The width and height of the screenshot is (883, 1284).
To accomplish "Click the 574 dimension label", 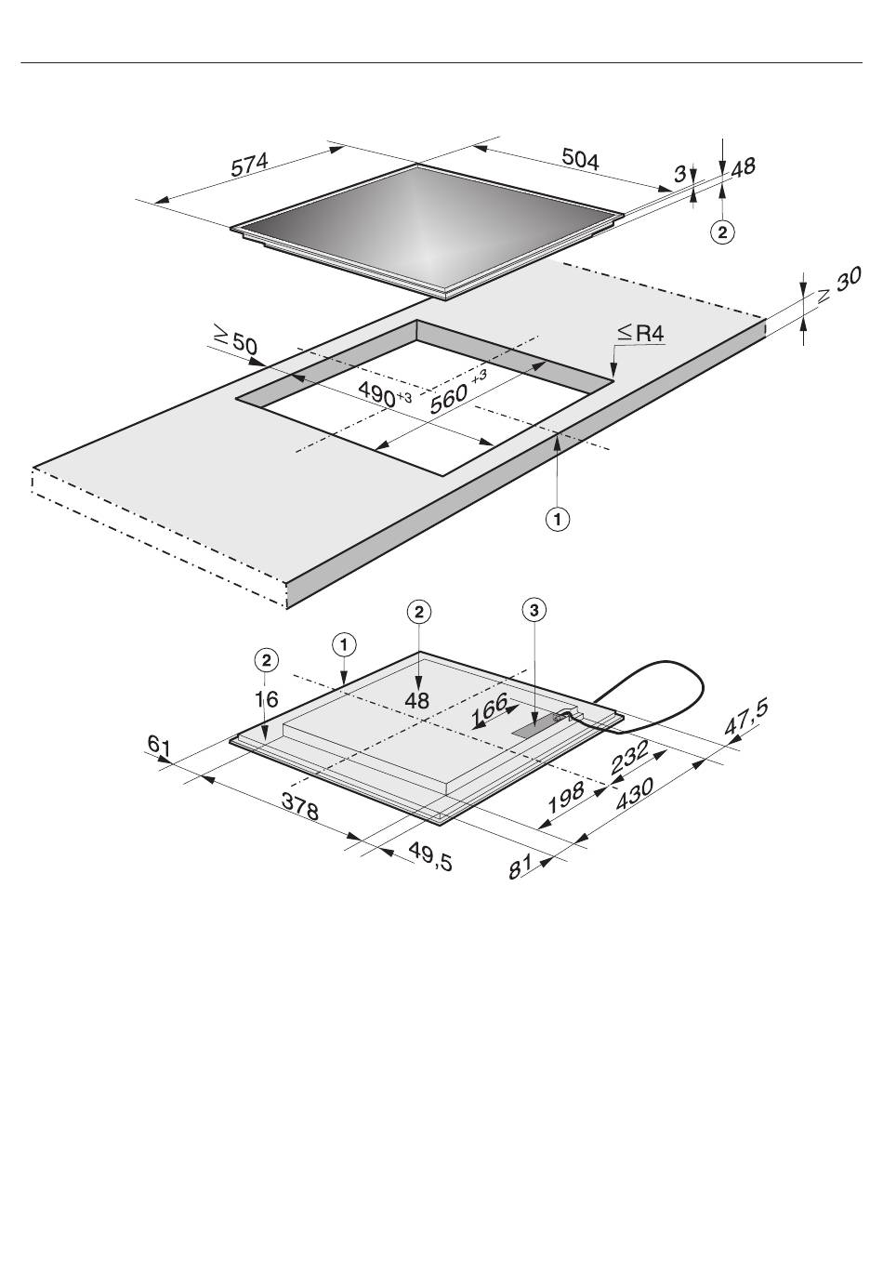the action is click(x=249, y=165).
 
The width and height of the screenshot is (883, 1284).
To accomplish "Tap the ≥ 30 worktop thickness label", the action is click(x=838, y=285).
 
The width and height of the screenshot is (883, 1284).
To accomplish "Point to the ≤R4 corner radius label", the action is click(x=640, y=333).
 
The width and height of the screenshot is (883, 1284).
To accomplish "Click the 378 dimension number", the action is click(x=299, y=807).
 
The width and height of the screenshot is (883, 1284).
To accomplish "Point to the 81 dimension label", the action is click(x=521, y=867).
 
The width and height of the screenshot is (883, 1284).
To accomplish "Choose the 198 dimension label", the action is click(x=566, y=797).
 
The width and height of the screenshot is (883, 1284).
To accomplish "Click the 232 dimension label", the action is click(x=630, y=757).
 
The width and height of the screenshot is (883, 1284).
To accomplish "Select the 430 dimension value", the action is click(x=634, y=794).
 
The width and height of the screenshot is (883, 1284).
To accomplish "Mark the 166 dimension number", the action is click(x=489, y=709).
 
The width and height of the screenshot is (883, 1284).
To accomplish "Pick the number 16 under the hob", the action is click(x=267, y=699).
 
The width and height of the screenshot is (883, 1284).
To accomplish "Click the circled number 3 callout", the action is click(x=534, y=611).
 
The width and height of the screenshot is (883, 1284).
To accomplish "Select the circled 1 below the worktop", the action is click(x=558, y=520).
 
